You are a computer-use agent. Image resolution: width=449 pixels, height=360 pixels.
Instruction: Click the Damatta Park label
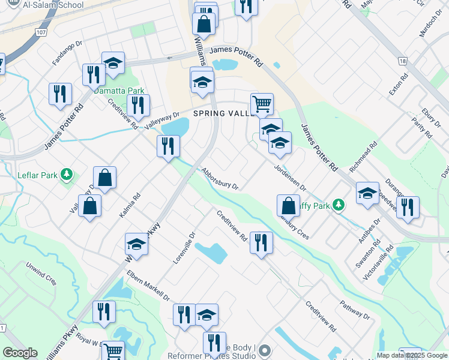[x=119, y=91]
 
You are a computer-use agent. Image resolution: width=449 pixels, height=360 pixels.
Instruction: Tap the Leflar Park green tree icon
[x=67, y=175]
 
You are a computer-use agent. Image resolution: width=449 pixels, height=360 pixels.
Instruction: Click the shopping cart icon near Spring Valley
[x=262, y=104]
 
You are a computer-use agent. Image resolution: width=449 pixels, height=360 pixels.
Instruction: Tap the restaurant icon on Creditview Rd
[x=261, y=242]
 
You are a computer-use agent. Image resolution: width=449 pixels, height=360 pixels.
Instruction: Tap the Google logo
[x=20, y=353]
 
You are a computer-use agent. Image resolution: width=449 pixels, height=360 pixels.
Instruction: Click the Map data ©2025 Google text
[x=412, y=355]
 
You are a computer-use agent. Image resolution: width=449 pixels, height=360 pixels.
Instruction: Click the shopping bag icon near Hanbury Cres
[x=288, y=205]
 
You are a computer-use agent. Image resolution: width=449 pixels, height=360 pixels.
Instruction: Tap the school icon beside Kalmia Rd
[x=136, y=244]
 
